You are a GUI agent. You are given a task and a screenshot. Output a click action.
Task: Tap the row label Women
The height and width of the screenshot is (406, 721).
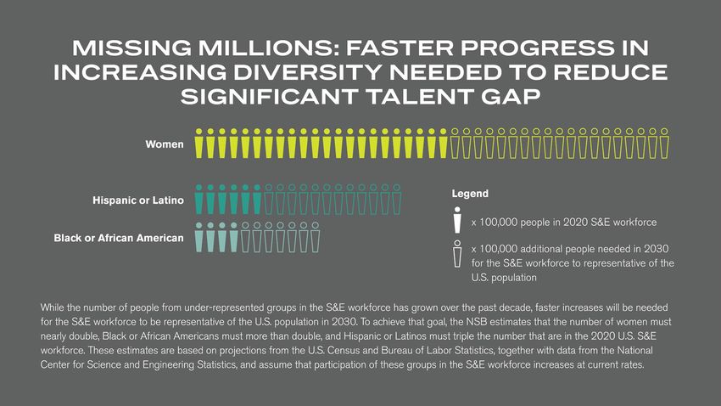coord(165,144)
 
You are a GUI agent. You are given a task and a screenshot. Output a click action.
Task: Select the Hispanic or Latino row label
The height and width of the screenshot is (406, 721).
coord(137,201)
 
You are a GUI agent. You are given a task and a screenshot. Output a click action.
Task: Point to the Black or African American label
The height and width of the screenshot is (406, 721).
coord(119,238)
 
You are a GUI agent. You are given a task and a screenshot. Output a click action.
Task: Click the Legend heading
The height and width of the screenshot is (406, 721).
coord(469,195)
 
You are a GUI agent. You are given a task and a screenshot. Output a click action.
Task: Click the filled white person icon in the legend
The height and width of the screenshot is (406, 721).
coord(457,220)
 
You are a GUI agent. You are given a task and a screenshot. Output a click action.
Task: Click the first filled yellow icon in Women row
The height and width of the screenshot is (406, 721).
coord(199,144)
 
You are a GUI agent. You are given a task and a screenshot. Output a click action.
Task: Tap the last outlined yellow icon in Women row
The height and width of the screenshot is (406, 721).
coord(664,144)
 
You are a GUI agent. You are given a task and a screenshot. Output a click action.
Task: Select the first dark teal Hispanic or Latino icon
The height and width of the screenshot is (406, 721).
coord(199,199)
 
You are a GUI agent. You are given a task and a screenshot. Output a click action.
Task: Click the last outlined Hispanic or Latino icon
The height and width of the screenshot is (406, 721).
coord(396,199)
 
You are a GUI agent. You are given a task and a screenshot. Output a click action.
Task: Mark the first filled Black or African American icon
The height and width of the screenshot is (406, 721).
coord(199,238)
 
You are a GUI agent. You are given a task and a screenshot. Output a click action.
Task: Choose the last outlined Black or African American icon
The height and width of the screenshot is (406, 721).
coord(315,238)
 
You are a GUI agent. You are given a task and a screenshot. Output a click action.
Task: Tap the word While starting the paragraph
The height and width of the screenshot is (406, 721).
coord(53,307)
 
